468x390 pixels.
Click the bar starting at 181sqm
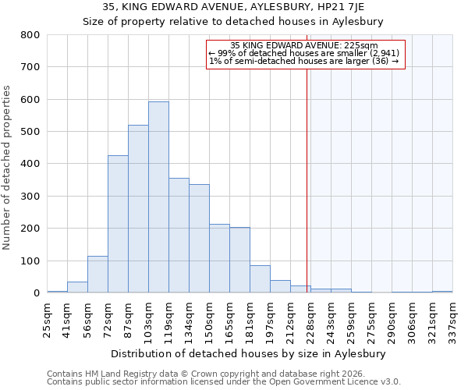tap(260, 279)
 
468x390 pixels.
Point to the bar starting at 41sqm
tap(77, 287)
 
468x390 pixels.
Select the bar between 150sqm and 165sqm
tap(219, 258)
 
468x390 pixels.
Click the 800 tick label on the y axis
tap(30, 35)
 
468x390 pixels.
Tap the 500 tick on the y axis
tap(30, 132)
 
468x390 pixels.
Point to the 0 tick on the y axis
tap(36, 293)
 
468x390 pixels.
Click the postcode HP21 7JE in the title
tap(341, 7)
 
